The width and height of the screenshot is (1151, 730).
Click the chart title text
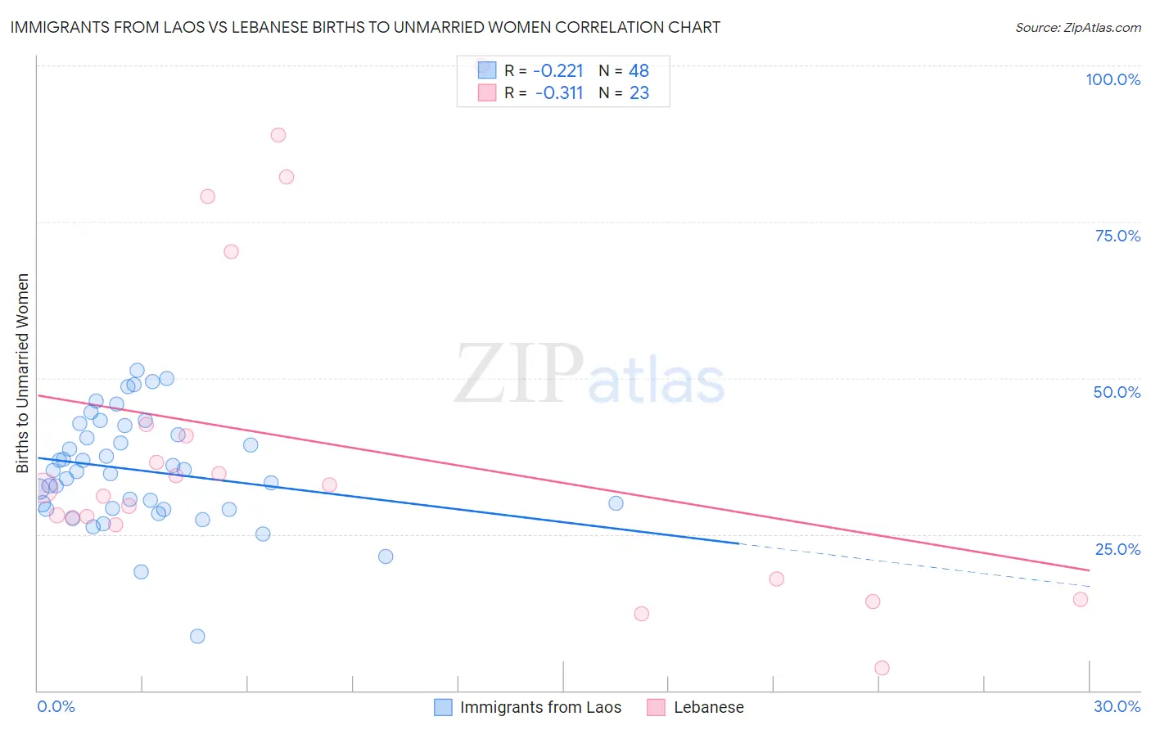click(x=365, y=27)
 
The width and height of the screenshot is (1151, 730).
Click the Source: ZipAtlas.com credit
click(x=1077, y=27)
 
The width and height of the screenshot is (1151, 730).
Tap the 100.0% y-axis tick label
click(x=1113, y=79)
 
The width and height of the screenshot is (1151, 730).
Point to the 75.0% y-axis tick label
click(x=1117, y=236)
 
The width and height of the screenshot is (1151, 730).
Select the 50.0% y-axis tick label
click(x=1117, y=392)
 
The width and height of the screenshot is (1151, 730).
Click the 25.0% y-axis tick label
click(x=1117, y=549)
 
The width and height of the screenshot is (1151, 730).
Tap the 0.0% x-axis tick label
click(x=56, y=706)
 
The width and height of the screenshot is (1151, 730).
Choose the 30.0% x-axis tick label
click(x=1117, y=706)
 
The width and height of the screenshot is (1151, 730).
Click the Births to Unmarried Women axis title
click(x=22, y=373)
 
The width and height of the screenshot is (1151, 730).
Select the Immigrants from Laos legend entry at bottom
click(x=540, y=707)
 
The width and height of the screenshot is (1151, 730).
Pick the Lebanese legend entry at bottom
click(x=708, y=707)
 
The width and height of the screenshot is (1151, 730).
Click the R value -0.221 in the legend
click(x=558, y=70)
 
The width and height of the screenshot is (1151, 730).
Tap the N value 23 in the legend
click(x=639, y=93)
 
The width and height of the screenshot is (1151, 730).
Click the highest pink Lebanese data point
click(x=278, y=135)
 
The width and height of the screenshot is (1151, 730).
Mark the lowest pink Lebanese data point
click(x=882, y=668)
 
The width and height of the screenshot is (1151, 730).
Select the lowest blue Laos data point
click(x=197, y=636)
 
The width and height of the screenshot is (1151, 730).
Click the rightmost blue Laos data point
click(x=616, y=503)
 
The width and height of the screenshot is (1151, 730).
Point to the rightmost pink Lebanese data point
click(x=1081, y=599)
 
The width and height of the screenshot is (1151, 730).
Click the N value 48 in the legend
click(x=639, y=70)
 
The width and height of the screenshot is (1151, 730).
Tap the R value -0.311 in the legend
click(x=558, y=93)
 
